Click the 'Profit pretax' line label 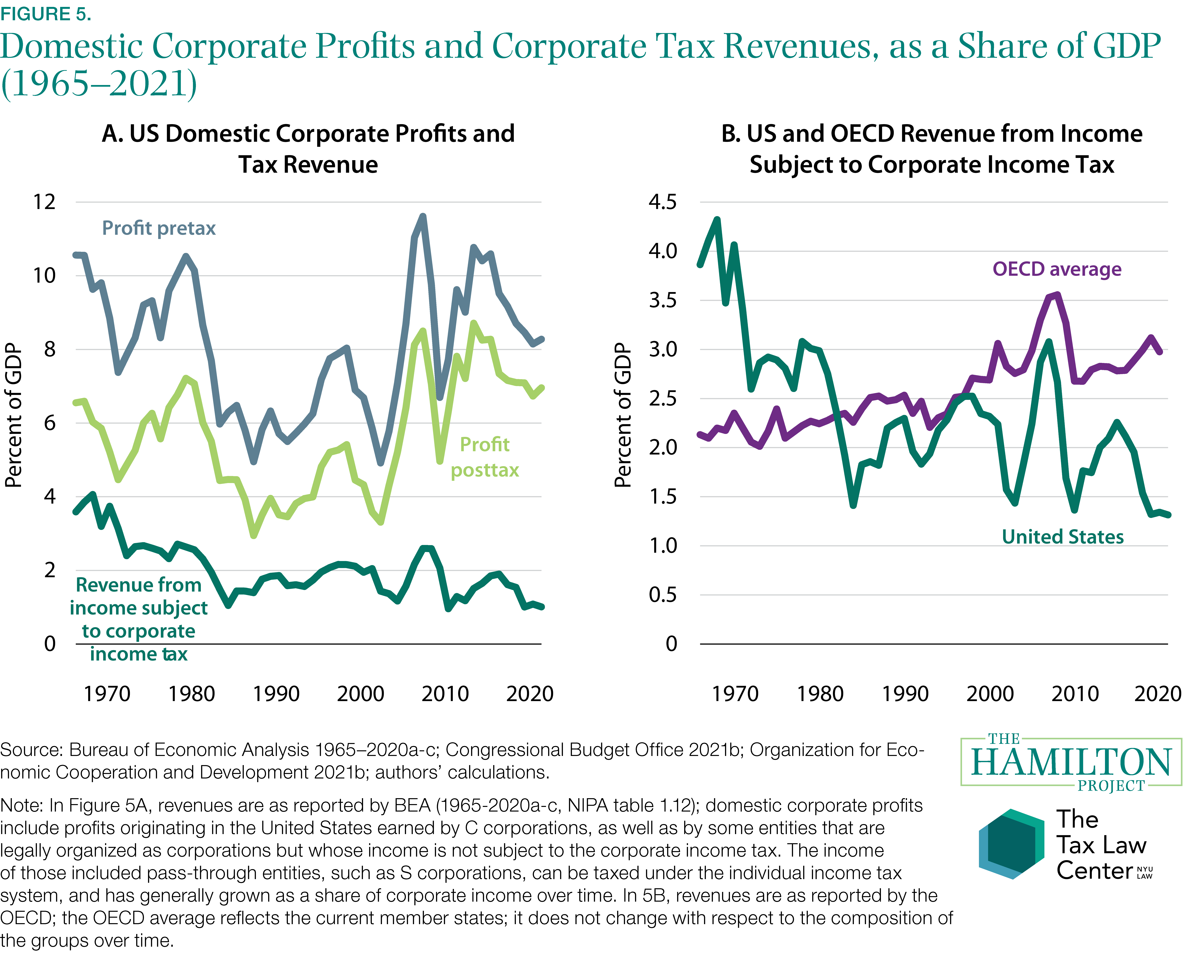point(159,228)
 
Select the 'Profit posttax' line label point(484,457)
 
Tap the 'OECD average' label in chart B point(1057,269)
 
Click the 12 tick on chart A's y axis point(45,202)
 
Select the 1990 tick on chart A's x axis point(276,694)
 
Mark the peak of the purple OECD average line point(1057,295)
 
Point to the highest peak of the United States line point(717,220)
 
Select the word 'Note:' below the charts point(22,805)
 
